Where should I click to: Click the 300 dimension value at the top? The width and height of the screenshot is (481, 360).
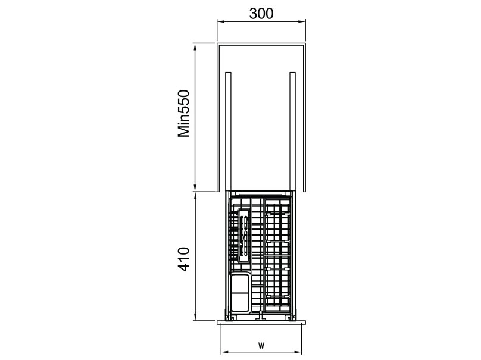[x=261, y=14]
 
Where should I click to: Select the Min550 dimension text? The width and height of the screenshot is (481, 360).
[x=185, y=114]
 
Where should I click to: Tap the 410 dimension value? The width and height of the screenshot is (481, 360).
[x=185, y=259]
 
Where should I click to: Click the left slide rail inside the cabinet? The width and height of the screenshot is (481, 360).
[x=229, y=131]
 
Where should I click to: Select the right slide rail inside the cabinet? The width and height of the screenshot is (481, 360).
[x=292, y=131]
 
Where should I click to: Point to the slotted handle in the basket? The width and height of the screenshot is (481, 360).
[x=243, y=236]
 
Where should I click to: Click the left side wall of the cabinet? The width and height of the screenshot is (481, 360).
[x=218, y=119]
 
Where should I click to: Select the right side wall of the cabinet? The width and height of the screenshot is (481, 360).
[x=305, y=119]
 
